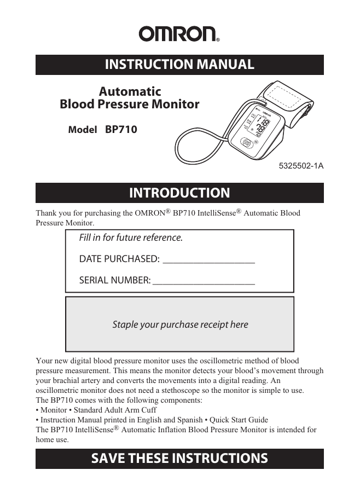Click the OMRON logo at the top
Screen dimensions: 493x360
(179, 34)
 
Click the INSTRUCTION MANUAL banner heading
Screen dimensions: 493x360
(179, 65)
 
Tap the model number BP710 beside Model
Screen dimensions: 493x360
(121, 130)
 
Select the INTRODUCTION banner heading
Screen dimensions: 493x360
(179, 193)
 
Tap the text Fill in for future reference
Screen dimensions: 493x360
(131, 238)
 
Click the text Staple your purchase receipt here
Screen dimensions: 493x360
(180, 324)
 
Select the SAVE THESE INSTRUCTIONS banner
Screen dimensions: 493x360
(179, 458)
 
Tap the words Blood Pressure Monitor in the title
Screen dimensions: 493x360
(129, 104)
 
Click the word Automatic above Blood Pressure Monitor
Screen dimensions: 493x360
(130, 91)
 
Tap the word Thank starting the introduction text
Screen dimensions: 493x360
(47, 213)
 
